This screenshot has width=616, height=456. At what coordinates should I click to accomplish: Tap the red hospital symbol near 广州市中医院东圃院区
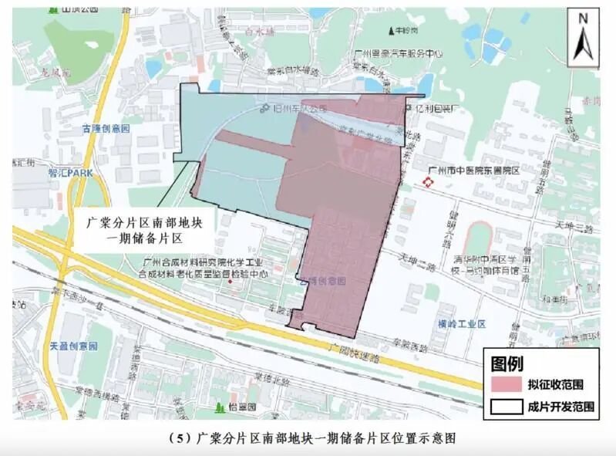point(428,182)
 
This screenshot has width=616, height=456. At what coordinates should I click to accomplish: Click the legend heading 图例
point(508,361)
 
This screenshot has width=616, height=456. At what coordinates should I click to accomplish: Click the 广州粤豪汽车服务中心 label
point(398,54)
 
